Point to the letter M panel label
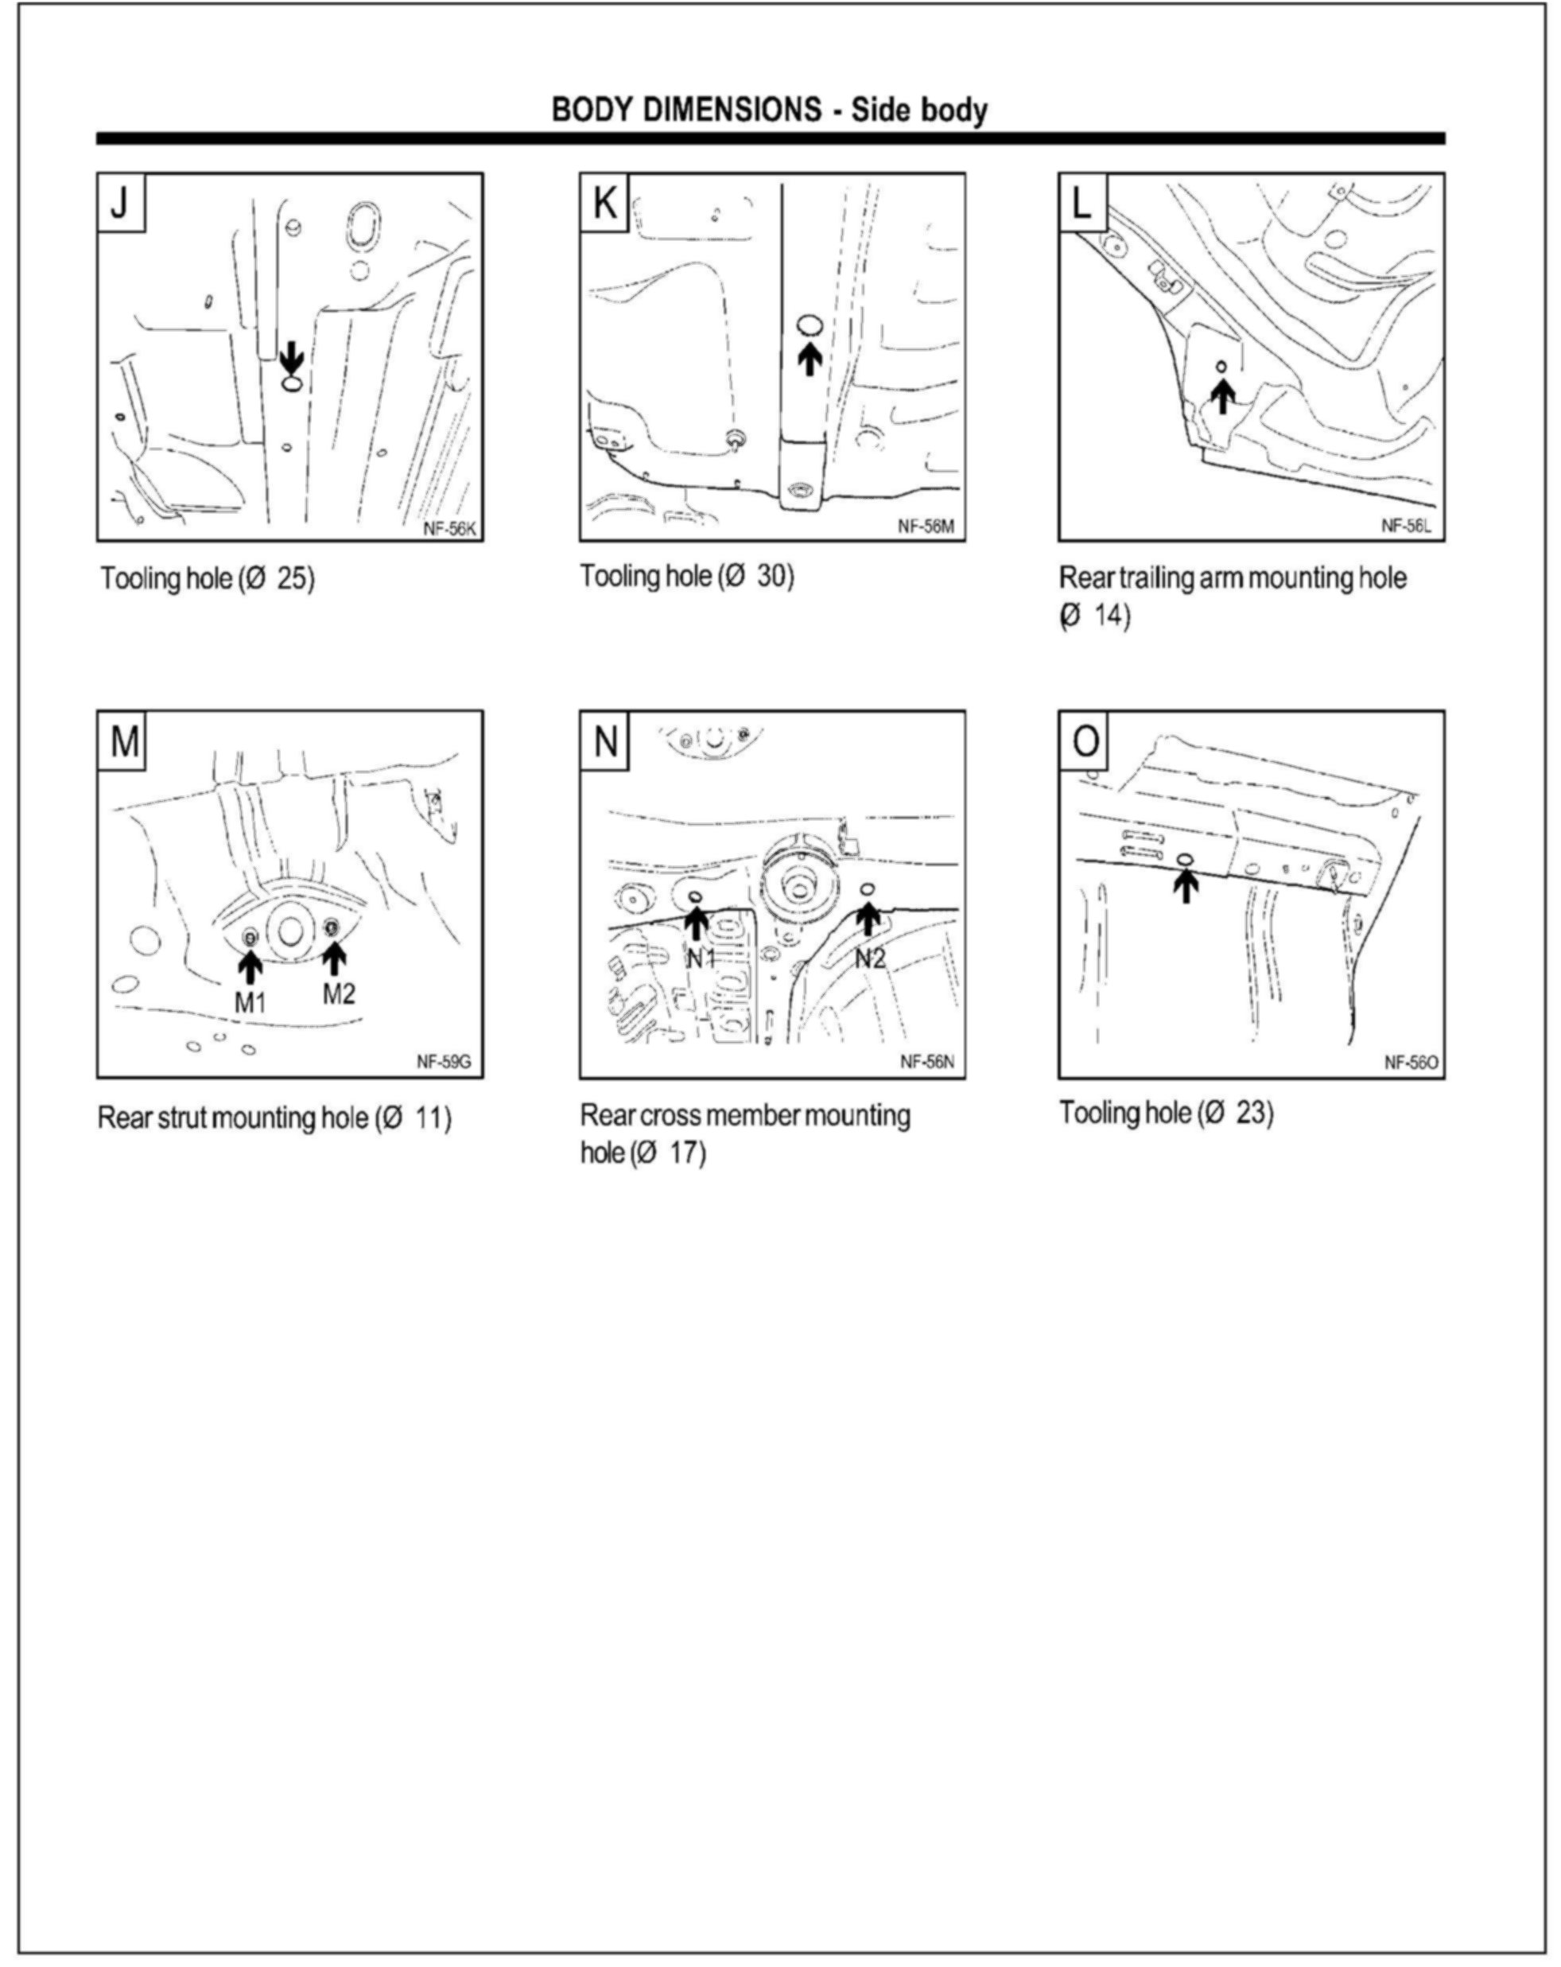[x=123, y=741]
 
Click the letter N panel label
[x=604, y=741]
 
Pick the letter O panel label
[x=1085, y=741]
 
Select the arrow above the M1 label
[x=250, y=966]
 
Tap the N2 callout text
[x=869, y=958]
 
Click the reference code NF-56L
[x=1406, y=526]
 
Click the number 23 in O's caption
[x=1252, y=1113]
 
